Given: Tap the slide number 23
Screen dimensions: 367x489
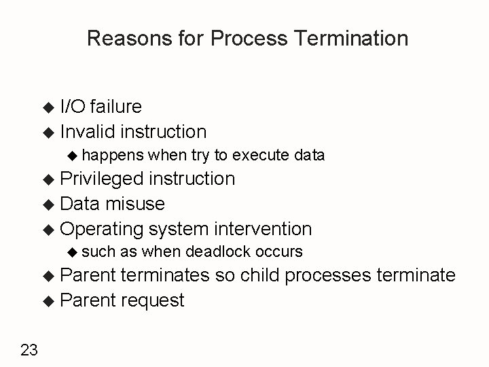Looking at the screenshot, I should tap(29, 350).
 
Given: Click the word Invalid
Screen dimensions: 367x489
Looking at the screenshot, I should tap(86, 130).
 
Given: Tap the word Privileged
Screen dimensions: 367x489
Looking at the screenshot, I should tap(101, 179).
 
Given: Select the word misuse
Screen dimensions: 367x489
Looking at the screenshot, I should tap(135, 204).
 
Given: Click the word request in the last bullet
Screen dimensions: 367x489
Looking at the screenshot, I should tap(153, 300).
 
